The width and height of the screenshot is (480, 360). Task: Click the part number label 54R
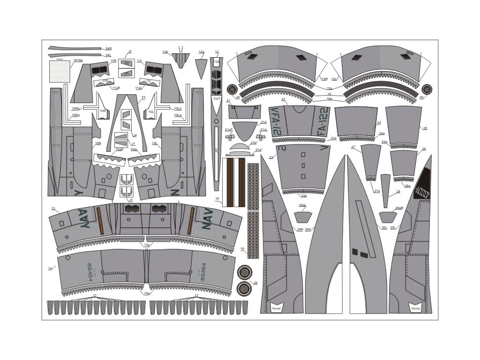[108, 48]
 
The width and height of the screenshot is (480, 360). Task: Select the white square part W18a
[59, 72]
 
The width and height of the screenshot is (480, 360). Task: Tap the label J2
[130, 52]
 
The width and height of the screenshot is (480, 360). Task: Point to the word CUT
[217, 99]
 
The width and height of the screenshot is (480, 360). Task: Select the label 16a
[329, 99]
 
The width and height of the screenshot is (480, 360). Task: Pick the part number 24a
[382, 134]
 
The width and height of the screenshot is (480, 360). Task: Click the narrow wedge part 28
[385, 190]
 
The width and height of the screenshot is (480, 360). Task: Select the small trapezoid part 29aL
[302, 217]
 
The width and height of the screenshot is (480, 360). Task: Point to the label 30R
[308, 229]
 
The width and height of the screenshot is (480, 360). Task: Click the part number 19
[242, 249]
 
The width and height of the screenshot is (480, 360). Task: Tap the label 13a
[147, 245]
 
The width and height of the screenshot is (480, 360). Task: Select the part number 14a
[147, 293]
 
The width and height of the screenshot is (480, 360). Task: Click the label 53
[143, 97]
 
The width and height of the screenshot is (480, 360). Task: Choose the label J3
[131, 200]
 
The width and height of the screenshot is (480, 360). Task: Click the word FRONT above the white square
[60, 60]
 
